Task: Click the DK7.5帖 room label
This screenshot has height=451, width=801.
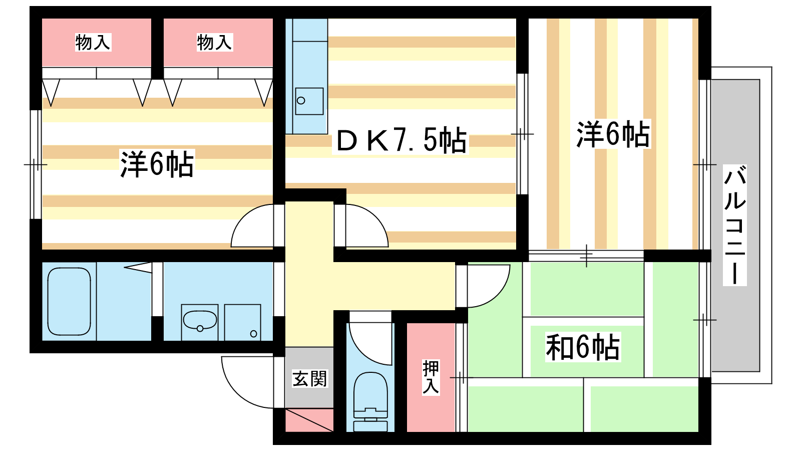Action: [x=401, y=140]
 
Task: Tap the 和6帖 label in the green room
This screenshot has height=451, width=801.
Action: [x=583, y=347]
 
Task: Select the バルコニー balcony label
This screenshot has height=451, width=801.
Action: [x=735, y=225]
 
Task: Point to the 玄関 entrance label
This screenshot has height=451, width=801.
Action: [x=310, y=379]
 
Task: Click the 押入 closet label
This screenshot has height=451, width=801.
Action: [x=431, y=377]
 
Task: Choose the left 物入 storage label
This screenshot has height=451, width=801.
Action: [x=93, y=42]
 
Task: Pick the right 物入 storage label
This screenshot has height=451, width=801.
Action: [x=215, y=42]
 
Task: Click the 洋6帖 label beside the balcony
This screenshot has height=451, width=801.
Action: [x=613, y=134]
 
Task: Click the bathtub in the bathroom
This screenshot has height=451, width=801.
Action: [x=69, y=301]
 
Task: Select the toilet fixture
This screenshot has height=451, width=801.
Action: [x=370, y=401]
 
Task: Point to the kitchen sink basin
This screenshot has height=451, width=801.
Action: [x=309, y=101]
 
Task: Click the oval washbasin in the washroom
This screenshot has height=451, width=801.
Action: [x=200, y=320]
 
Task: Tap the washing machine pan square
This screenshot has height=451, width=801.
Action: [x=242, y=322]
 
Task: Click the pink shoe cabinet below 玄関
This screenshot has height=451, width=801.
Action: [x=309, y=420]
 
